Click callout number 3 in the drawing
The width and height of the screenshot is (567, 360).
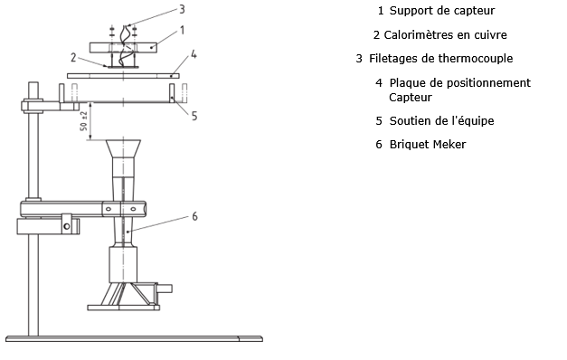(183, 9)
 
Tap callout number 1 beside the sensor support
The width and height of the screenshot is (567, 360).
(183, 30)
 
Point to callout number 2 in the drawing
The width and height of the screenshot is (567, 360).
(73, 57)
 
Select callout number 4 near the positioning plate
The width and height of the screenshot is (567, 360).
(194, 54)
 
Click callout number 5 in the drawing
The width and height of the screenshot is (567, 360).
(194, 116)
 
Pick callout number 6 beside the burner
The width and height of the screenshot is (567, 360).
(195, 216)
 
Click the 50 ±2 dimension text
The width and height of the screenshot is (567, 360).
(84, 121)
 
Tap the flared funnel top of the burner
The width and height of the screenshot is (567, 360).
(123, 148)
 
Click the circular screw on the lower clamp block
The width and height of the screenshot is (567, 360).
(67, 226)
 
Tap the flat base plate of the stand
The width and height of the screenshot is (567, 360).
(134, 338)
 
